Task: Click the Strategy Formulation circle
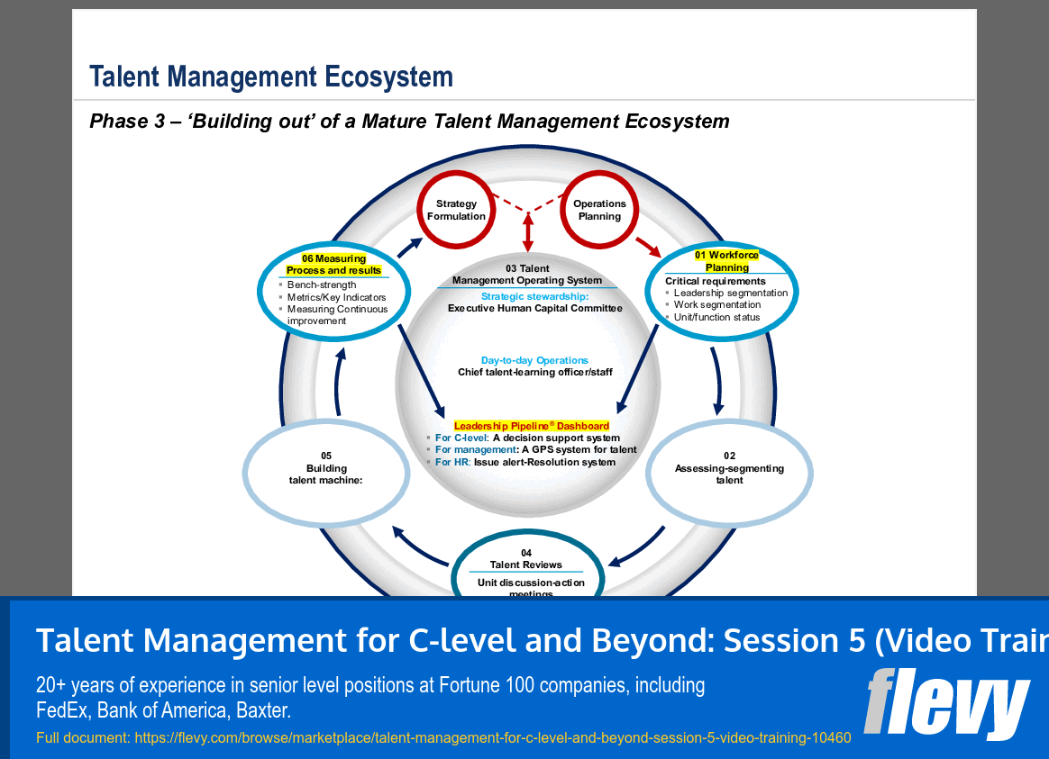coord(456,211)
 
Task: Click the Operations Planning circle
coord(599,211)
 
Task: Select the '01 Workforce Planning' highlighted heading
coord(726,261)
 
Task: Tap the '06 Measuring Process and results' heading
coord(333,265)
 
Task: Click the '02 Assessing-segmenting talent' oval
coord(729,468)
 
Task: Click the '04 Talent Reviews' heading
coord(525,559)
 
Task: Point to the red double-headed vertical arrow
coord(528,233)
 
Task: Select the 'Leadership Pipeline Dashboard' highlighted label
coord(531,426)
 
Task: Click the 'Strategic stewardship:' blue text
coord(534,296)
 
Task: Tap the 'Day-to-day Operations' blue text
coord(534,360)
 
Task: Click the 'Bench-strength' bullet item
coord(322,285)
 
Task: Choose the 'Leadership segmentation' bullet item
coord(730,293)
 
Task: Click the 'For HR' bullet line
coord(524,462)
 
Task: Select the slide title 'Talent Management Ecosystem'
coord(271,77)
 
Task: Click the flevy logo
coord(946,701)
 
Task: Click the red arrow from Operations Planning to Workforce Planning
coord(648,245)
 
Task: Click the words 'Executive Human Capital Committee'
coord(534,308)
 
